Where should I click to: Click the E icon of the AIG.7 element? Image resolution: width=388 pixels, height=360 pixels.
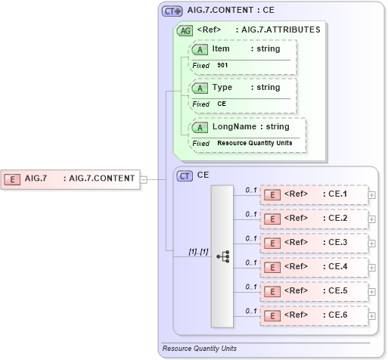click(x=12, y=179)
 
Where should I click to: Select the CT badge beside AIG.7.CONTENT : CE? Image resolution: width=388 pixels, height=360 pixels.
click(x=173, y=11)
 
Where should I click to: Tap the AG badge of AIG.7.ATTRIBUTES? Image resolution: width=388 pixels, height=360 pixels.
click(x=185, y=30)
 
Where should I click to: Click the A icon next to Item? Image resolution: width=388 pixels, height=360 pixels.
click(x=200, y=49)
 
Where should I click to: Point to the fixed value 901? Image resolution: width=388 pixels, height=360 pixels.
click(x=222, y=66)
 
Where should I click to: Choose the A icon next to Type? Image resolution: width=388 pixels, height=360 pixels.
click(x=200, y=88)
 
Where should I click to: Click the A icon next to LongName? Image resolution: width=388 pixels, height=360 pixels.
click(x=200, y=127)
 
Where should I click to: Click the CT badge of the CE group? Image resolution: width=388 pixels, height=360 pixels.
click(x=185, y=175)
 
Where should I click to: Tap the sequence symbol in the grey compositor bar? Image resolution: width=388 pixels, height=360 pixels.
click(x=222, y=256)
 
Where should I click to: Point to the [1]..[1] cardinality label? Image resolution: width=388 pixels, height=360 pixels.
click(x=199, y=251)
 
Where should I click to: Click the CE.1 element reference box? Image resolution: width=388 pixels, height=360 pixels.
click(x=313, y=194)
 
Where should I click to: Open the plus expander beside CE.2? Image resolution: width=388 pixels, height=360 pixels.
click(x=371, y=219)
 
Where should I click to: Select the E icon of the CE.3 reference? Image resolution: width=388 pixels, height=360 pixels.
click(x=271, y=243)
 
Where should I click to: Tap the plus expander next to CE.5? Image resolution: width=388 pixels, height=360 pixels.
click(x=371, y=290)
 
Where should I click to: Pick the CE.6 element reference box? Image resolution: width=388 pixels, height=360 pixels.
click(x=313, y=315)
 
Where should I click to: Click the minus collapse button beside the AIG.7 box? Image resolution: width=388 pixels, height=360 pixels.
click(x=144, y=179)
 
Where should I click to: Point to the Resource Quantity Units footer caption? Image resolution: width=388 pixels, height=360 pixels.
click(x=199, y=349)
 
